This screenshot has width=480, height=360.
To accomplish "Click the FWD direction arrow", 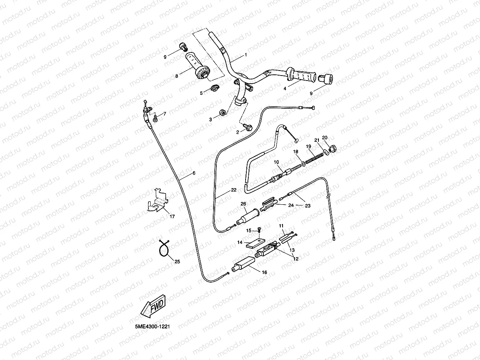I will click(153, 304).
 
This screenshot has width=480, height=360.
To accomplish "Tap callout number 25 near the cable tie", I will click(177, 262).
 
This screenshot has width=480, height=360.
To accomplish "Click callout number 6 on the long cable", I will click(194, 173).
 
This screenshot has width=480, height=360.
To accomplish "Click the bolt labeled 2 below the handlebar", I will click(248, 126).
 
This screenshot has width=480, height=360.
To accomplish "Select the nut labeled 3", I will click(222, 112).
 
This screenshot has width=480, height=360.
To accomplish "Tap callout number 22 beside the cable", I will click(234, 190).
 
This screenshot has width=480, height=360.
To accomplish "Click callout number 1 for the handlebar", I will click(246, 55).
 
